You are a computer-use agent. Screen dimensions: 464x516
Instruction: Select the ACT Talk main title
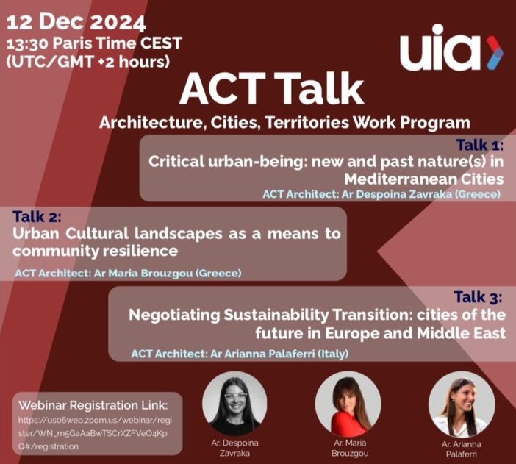[271, 89]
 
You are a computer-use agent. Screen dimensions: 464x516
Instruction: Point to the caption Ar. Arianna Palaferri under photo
[462, 449]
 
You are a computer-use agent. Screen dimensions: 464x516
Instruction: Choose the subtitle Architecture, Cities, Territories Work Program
[284, 121]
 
